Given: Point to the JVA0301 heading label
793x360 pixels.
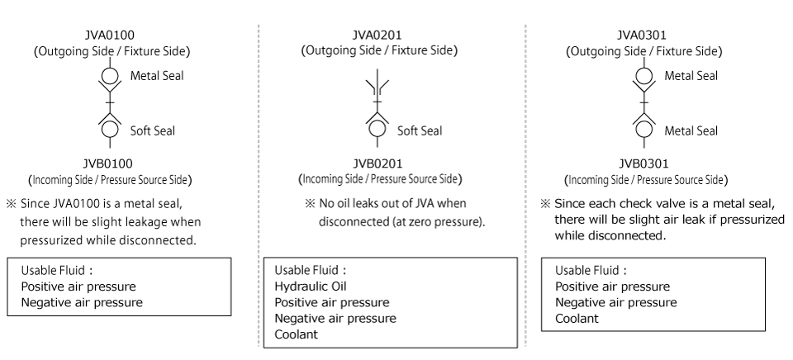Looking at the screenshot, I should [x=643, y=36].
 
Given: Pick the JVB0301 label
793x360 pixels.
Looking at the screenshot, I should [x=643, y=163].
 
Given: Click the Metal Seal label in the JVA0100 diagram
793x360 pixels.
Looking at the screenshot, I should [x=157, y=76].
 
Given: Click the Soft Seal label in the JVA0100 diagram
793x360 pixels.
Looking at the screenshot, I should [x=153, y=130].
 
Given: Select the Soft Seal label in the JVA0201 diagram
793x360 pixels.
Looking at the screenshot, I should [x=420, y=130].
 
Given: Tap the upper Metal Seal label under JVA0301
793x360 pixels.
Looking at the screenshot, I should [x=691, y=76].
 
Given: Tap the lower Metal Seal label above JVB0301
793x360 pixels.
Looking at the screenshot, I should [x=691, y=130].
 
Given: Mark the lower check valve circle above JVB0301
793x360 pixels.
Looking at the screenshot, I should [x=643, y=129].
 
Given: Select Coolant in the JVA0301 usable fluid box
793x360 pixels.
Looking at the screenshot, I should [x=576, y=318].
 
